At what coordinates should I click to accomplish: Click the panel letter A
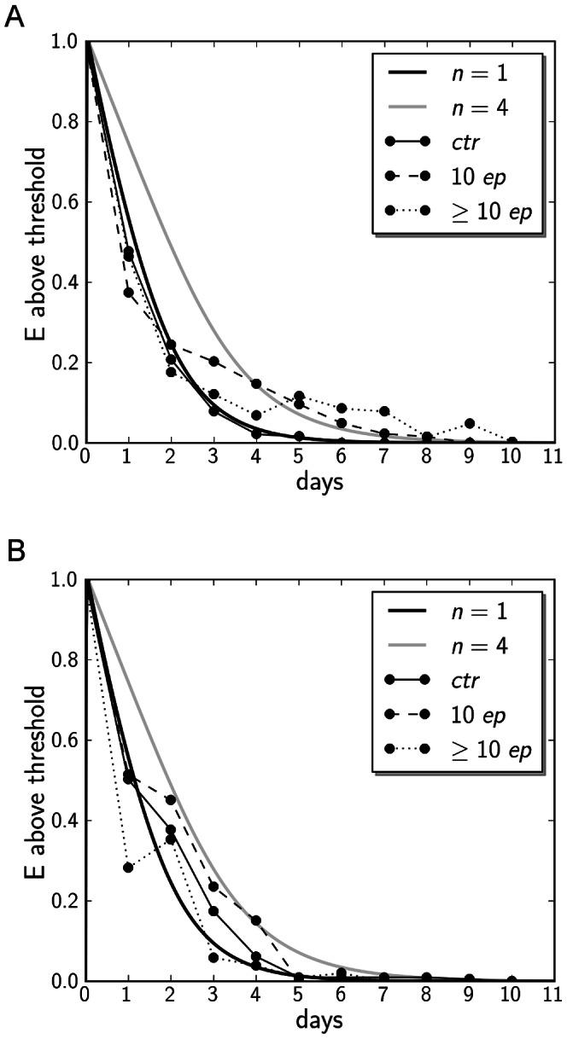tap(14, 18)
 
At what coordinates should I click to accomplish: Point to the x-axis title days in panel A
tap(319, 482)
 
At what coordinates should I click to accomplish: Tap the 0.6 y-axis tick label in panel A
tap(61, 202)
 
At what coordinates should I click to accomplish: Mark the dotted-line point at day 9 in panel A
tap(470, 424)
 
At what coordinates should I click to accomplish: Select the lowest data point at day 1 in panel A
tap(128, 293)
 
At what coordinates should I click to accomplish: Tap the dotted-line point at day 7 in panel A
tap(384, 412)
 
